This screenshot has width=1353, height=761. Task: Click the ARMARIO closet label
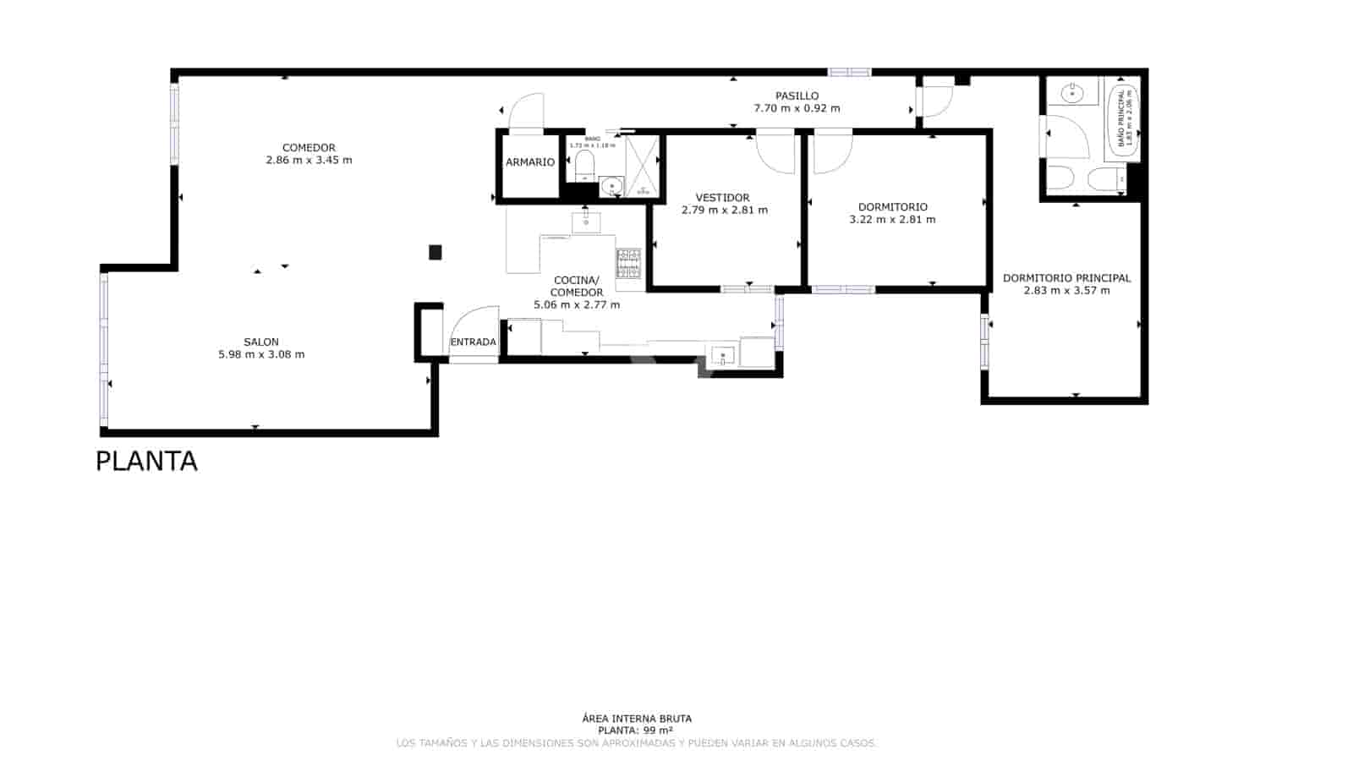pyautogui.click(x=530, y=162)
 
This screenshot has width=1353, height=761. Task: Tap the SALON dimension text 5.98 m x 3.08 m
pyautogui.click(x=261, y=355)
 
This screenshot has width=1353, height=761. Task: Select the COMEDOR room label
pyautogui.click(x=309, y=148)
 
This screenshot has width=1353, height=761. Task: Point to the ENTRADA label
pyautogui.click(x=473, y=342)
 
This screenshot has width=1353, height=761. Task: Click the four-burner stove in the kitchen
pyautogui.click(x=628, y=263)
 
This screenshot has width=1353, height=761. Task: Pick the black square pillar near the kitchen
pyautogui.click(x=435, y=252)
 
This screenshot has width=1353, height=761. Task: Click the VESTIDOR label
pyautogui.click(x=722, y=198)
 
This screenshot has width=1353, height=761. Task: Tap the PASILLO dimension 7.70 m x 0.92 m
pyautogui.click(x=797, y=108)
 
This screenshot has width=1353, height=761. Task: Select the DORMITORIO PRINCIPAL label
pyautogui.click(x=1066, y=278)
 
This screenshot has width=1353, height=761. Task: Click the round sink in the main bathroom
pyautogui.click(x=1073, y=92)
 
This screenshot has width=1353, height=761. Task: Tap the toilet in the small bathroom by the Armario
pyautogui.click(x=584, y=165)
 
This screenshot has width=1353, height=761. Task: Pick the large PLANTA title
pyautogui.click(x=146, y=462)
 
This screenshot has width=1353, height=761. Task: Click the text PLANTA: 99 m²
pyautogui.click(x=635, y=731)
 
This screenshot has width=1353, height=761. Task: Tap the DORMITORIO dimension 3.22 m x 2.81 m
pyautogui.click(x=892, y=220)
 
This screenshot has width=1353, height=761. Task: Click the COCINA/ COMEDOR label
pyautogui.click(x=577, y=286)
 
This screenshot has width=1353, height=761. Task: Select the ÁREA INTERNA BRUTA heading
pyautogui.click(x=637, y=719)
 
